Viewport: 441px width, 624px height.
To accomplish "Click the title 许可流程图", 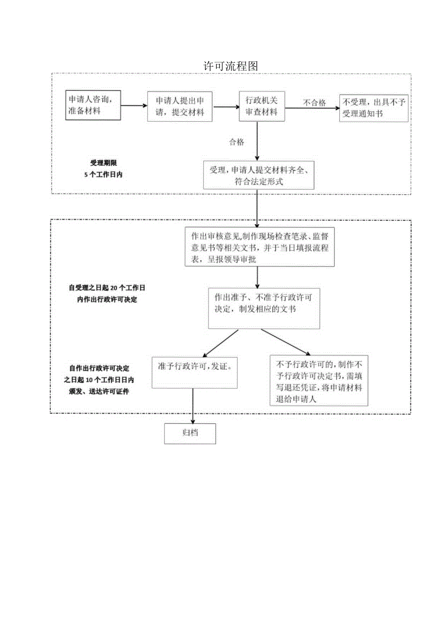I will [231, 66].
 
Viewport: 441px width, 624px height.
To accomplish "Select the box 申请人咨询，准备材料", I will [93, 105].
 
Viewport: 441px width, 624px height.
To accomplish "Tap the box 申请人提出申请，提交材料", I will [180, 106].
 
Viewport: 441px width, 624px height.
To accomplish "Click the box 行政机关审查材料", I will [262, 106].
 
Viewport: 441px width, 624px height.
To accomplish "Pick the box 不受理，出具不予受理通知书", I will [373, 108].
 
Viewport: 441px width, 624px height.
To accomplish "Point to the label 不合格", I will [314, 103].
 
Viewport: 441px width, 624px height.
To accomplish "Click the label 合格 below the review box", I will [236, 142].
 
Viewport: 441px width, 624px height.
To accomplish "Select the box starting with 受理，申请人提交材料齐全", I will [258, 175].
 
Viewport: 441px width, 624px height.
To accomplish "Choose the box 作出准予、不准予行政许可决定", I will [264, 308].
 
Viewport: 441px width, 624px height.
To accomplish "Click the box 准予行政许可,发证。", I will [195, 372].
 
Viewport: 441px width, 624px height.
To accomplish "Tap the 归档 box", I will [190, 433].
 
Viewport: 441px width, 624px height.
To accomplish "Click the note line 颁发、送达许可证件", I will [99, 391].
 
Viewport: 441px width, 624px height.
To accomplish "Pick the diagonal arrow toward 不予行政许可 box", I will [286, 342].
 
